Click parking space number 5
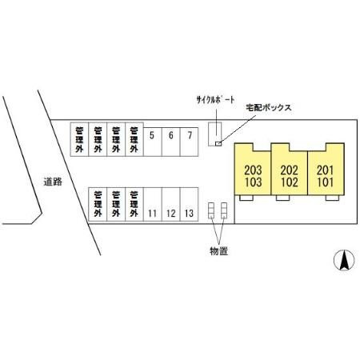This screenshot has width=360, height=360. pyautogui.click(x=153, y=142)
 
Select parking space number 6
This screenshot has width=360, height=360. pyautogui.click(x=171, y=142)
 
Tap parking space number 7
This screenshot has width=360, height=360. pyautogui.click(x=190, y=142)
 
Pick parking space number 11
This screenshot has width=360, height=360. pyautogui.click(x=153, y=204)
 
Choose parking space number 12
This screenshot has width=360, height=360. pyautogui.click(x=171, y=204)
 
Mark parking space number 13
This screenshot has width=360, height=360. pyautogui.click(x=190, y=204)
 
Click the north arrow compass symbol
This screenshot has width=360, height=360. pyautogui.click(x=344, y=260)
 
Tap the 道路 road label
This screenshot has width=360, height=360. pyautogui.click(x=53, y=182)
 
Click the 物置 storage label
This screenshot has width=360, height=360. pyautogui.click(x=218, y=251)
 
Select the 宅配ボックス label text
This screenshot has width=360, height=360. pyautogui.click(x=268, y=108)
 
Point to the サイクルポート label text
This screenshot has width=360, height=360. pyautogui.click(x=215, y=100)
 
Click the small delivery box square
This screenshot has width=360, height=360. pyautogui.click(x=218, y=144)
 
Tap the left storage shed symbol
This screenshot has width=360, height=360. pyautogui.click(x=211, y=210)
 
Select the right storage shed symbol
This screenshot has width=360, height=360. pyautogui.click(x=224, y=210)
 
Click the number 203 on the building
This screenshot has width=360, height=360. pyautogui.click(x=253, y=170)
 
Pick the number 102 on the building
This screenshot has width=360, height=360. pyautogui.click(x=290, y=182)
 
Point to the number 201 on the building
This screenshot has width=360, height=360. pyautogui.click(x=325, y=170)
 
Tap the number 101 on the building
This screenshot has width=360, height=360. pyautogui.click(x=325, y=182)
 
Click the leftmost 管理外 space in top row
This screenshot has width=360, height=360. pyautogui.click(x=79, y=139)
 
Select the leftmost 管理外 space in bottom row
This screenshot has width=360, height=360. pyautogui.click(x=98, y=204)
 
